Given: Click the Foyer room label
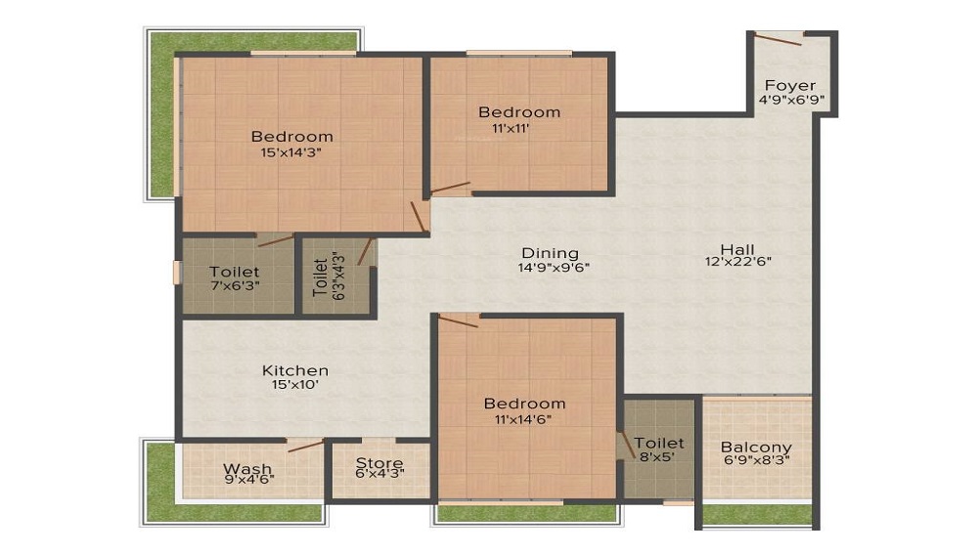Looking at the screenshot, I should pyautogui.click(x=789, y=85).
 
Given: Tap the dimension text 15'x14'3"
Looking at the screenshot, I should pyautogui.click(x=291, y=151).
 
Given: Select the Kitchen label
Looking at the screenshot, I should pyautogui.click(x=294, y=370).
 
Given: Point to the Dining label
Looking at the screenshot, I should pyautogui.click(x=550, y=252).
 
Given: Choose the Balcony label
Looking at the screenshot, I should pyautogui.click(x=757, y=447).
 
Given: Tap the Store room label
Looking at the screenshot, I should pyautogui.click(x=379, y=462).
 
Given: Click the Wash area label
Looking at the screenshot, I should pyautogui.click(x=246, y=468).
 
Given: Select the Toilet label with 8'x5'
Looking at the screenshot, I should pyautogui.click(x=659, y=443).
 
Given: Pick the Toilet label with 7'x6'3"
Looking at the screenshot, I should pyautogui.click(x=235, y=271).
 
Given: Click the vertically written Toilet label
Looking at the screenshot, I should pyautogui.click(x=320, y=277).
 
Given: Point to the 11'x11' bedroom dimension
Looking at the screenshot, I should pyautogui.click(x=505, y=127).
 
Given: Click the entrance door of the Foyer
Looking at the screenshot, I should pyautogui.click(x=778, y=38).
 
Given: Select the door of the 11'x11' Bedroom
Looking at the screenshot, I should pyautogui.click(x=451, y=187).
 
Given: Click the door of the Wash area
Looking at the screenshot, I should pyautogui.click(x=305, y=446).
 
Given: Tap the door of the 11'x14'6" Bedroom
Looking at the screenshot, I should pyautogui.click(x=458, y=320).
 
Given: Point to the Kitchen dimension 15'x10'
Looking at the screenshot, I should pyautogui.click(x=294, y=385).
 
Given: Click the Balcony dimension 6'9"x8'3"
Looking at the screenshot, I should pyautogui.click(x=757, y=459).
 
